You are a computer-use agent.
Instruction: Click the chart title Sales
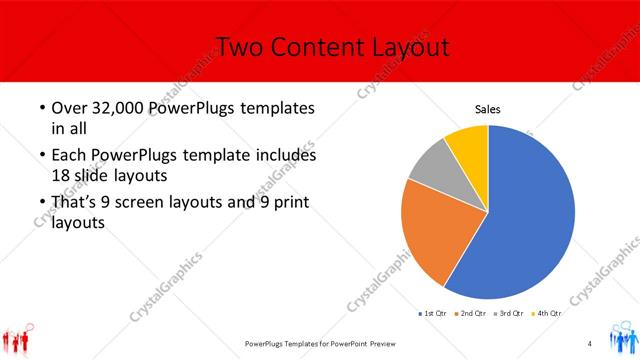pos(488,110)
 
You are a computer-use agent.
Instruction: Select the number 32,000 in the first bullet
pos(113,108)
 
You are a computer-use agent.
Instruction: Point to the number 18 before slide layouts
pos(62,174)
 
